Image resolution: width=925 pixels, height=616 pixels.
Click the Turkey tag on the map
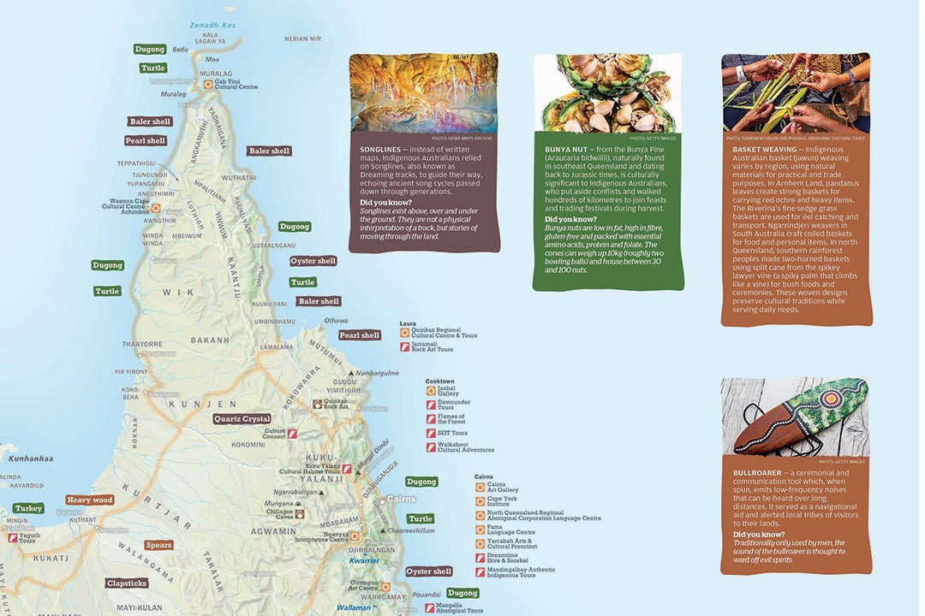pyautogui.click(x=28, y=508)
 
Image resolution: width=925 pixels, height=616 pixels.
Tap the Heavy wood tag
pyautogui.click(x=90, y=500)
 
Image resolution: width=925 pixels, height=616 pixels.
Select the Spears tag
pyautogui.click(x=158, y=545)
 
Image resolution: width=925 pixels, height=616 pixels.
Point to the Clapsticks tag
pyautogui.click(x=127, y=583)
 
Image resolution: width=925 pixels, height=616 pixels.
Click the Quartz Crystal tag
pyautogui.click(x=242, y=419)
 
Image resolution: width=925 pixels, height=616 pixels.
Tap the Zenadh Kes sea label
pyautogui.click(x=212, y=26)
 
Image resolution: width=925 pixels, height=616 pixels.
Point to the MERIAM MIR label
pyautogui.click(x=302, y=39)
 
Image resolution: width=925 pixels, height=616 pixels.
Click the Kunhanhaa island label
pyautogui.click(x=27, y=459)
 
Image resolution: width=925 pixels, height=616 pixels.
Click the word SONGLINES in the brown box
pyautogui.click(x=380, y=150)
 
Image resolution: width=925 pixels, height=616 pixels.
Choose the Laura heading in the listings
pyautogui.click(x=408, y=324)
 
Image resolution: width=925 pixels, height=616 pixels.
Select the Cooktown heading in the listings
pyautogui.click(x=439, y=381)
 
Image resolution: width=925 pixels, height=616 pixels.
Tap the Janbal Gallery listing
pyautogui.click(x=449, y=390)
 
